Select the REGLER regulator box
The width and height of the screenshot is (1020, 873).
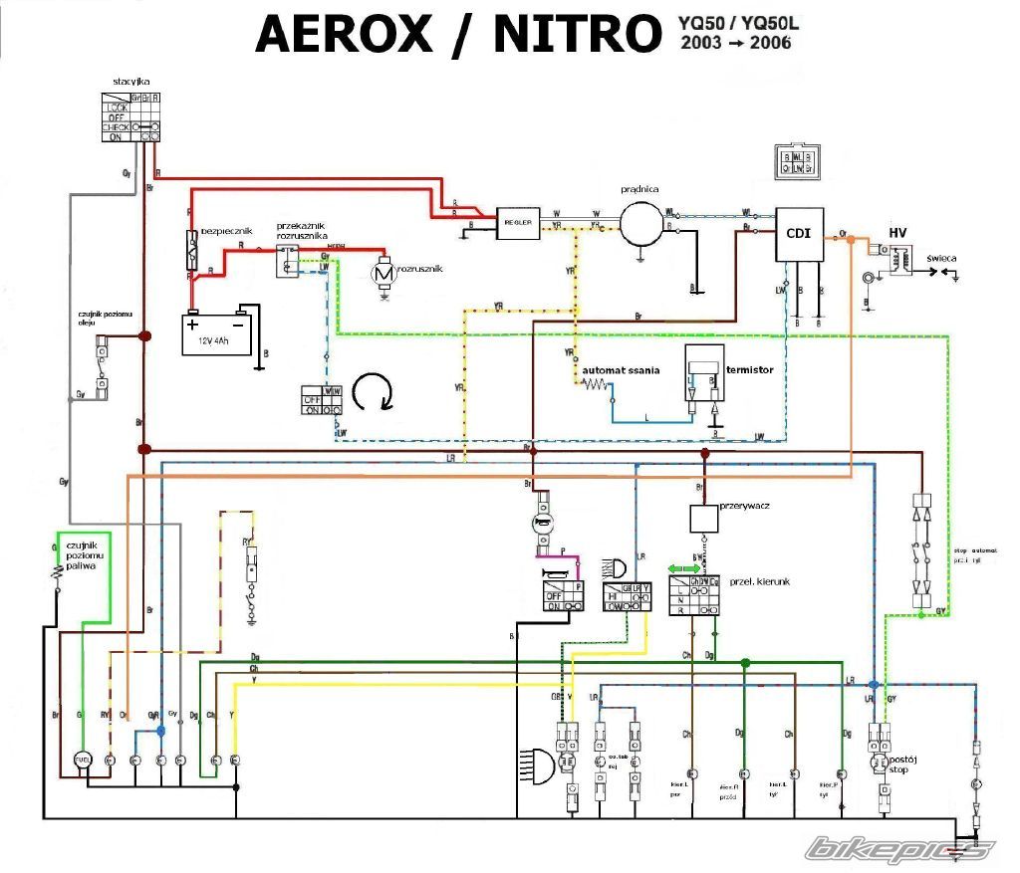pos(518,224)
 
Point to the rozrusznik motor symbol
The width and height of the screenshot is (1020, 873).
pos(382,272)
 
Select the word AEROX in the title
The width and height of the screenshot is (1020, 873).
pos(344,35)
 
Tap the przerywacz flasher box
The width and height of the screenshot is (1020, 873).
pos(704,519)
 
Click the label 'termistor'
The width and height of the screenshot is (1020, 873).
pos(752,369)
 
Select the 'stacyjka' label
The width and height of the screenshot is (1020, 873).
pos(130,82)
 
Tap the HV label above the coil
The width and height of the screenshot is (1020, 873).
pos(897,233)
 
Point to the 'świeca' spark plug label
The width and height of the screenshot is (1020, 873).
pos(941,259)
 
